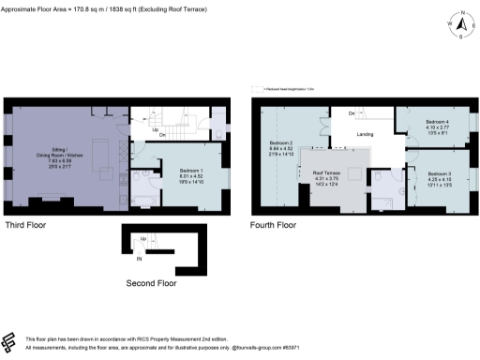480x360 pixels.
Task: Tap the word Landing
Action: click(x=366, y=134)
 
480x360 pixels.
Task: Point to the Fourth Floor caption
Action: click(x=273, y=226)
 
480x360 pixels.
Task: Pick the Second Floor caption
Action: click(x=151, y=281)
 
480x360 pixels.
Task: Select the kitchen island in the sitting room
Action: click(x=106, y=174)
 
